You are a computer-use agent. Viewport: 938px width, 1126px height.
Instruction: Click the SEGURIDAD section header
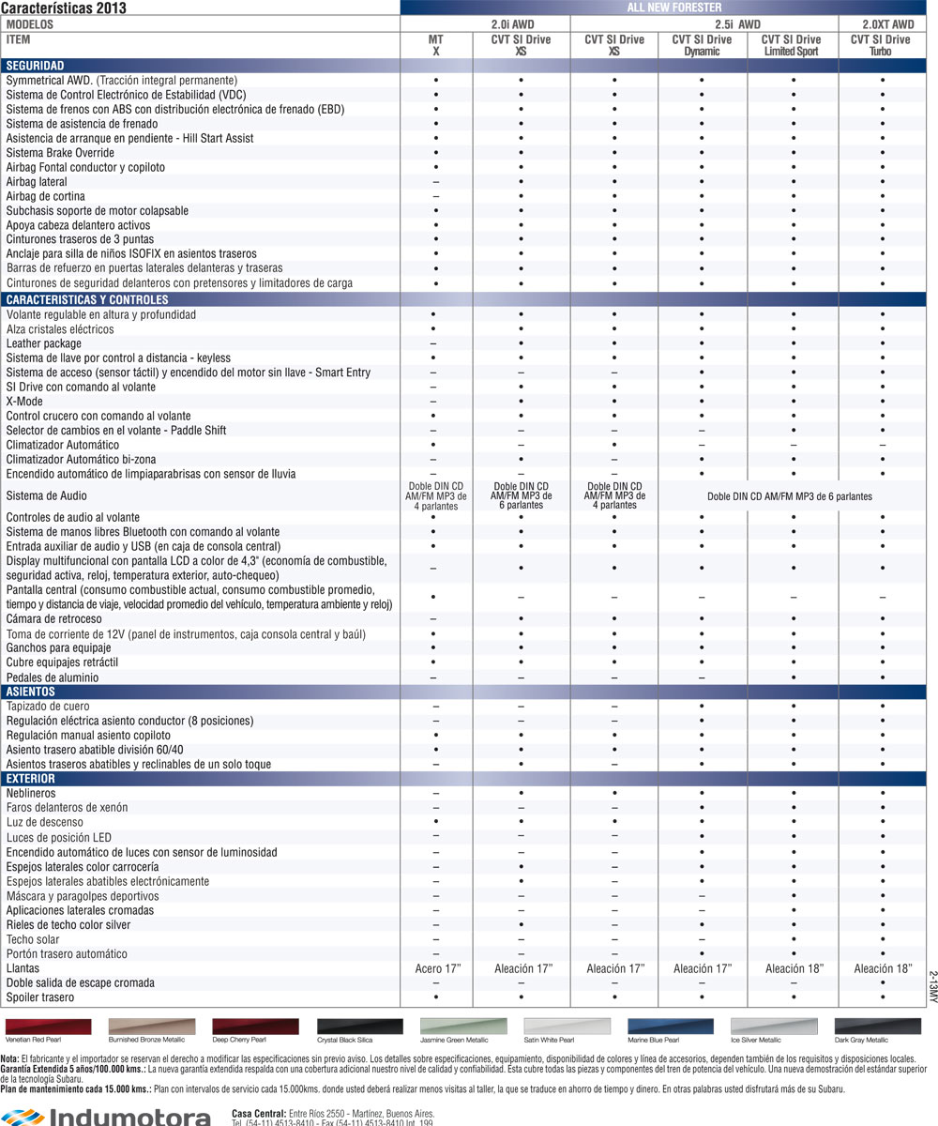(35, 66)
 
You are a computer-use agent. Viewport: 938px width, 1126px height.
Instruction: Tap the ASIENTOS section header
(30, 692)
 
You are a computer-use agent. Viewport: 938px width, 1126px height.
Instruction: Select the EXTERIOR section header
(31, 779)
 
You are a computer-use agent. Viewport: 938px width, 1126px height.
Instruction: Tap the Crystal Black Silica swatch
(360, 1026)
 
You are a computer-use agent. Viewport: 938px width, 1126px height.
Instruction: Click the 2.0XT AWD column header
(887, 23)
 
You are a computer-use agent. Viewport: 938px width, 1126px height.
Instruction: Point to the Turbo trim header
(880, 52)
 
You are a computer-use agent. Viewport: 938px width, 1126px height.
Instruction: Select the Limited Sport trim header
(790, 52)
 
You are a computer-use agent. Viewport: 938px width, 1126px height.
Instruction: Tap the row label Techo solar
(33, 939)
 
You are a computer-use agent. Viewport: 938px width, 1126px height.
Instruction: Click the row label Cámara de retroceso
(53, 619)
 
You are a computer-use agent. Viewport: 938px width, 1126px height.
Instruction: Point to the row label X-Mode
(24, 402)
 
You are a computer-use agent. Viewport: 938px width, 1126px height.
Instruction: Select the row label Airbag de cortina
(45, 196)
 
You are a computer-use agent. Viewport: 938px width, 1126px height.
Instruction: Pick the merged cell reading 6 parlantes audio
(790, 496)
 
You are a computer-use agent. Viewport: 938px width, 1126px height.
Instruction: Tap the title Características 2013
(64, 8)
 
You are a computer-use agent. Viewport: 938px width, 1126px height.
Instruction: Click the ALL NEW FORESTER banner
(668, 7)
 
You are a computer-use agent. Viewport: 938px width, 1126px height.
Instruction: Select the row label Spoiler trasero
(41, 997)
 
